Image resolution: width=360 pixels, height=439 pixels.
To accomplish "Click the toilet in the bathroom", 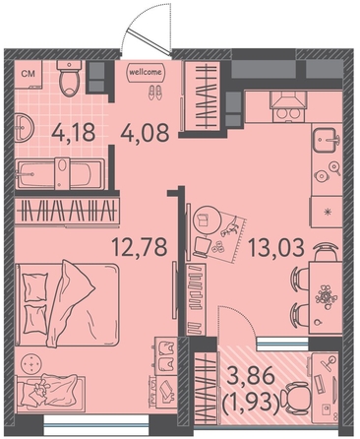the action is pyautogui.click(x=69, y=78).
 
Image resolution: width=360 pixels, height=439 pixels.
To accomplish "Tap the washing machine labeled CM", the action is pyautogui.click(x=29, y=74).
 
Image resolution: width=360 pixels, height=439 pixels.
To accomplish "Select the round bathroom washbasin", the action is pyautogui.click(x=24, y=127).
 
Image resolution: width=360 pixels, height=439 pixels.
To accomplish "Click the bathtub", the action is pyautogui.click(x=60, y=173).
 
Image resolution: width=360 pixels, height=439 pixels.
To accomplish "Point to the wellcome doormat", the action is pyautogui.click(x=146, y=72).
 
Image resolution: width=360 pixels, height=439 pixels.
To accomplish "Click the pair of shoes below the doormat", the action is pyautogui.click(x=155, y=93).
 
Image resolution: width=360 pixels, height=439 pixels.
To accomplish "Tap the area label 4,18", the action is pyautogui.click(x=74, y=133).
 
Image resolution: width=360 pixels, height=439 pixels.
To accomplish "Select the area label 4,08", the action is pyautogui.click(x=145, y=133).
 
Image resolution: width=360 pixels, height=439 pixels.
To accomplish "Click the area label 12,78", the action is pyautogui.click(x=140, y=247).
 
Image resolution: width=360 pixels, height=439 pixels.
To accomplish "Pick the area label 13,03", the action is pyautogui.click(x=276, y=247).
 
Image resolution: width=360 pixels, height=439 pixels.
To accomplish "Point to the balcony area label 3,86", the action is pyautogui.click(x=251, y=376).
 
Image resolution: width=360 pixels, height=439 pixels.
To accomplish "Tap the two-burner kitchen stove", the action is pyautogui.click(x=289, y=106).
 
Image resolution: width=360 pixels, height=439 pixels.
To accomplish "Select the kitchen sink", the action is pyautogui.click(x=327, y=140).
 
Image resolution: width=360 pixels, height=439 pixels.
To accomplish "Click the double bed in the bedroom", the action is pyautogui.click(x=67, y=304).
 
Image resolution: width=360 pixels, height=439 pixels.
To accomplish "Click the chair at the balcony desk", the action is pyautogui.click(x=297, y=398).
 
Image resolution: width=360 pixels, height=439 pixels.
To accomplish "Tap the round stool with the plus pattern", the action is pyautogui.click(x=31, y=364).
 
